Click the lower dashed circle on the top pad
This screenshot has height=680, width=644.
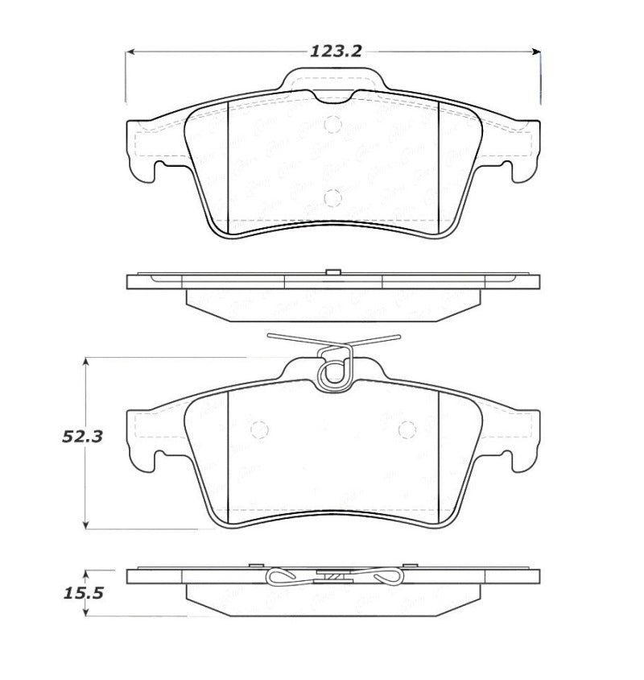coord(332,197)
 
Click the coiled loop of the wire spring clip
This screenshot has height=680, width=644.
coord(332,372)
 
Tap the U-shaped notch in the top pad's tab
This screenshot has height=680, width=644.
coord(332,95)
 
